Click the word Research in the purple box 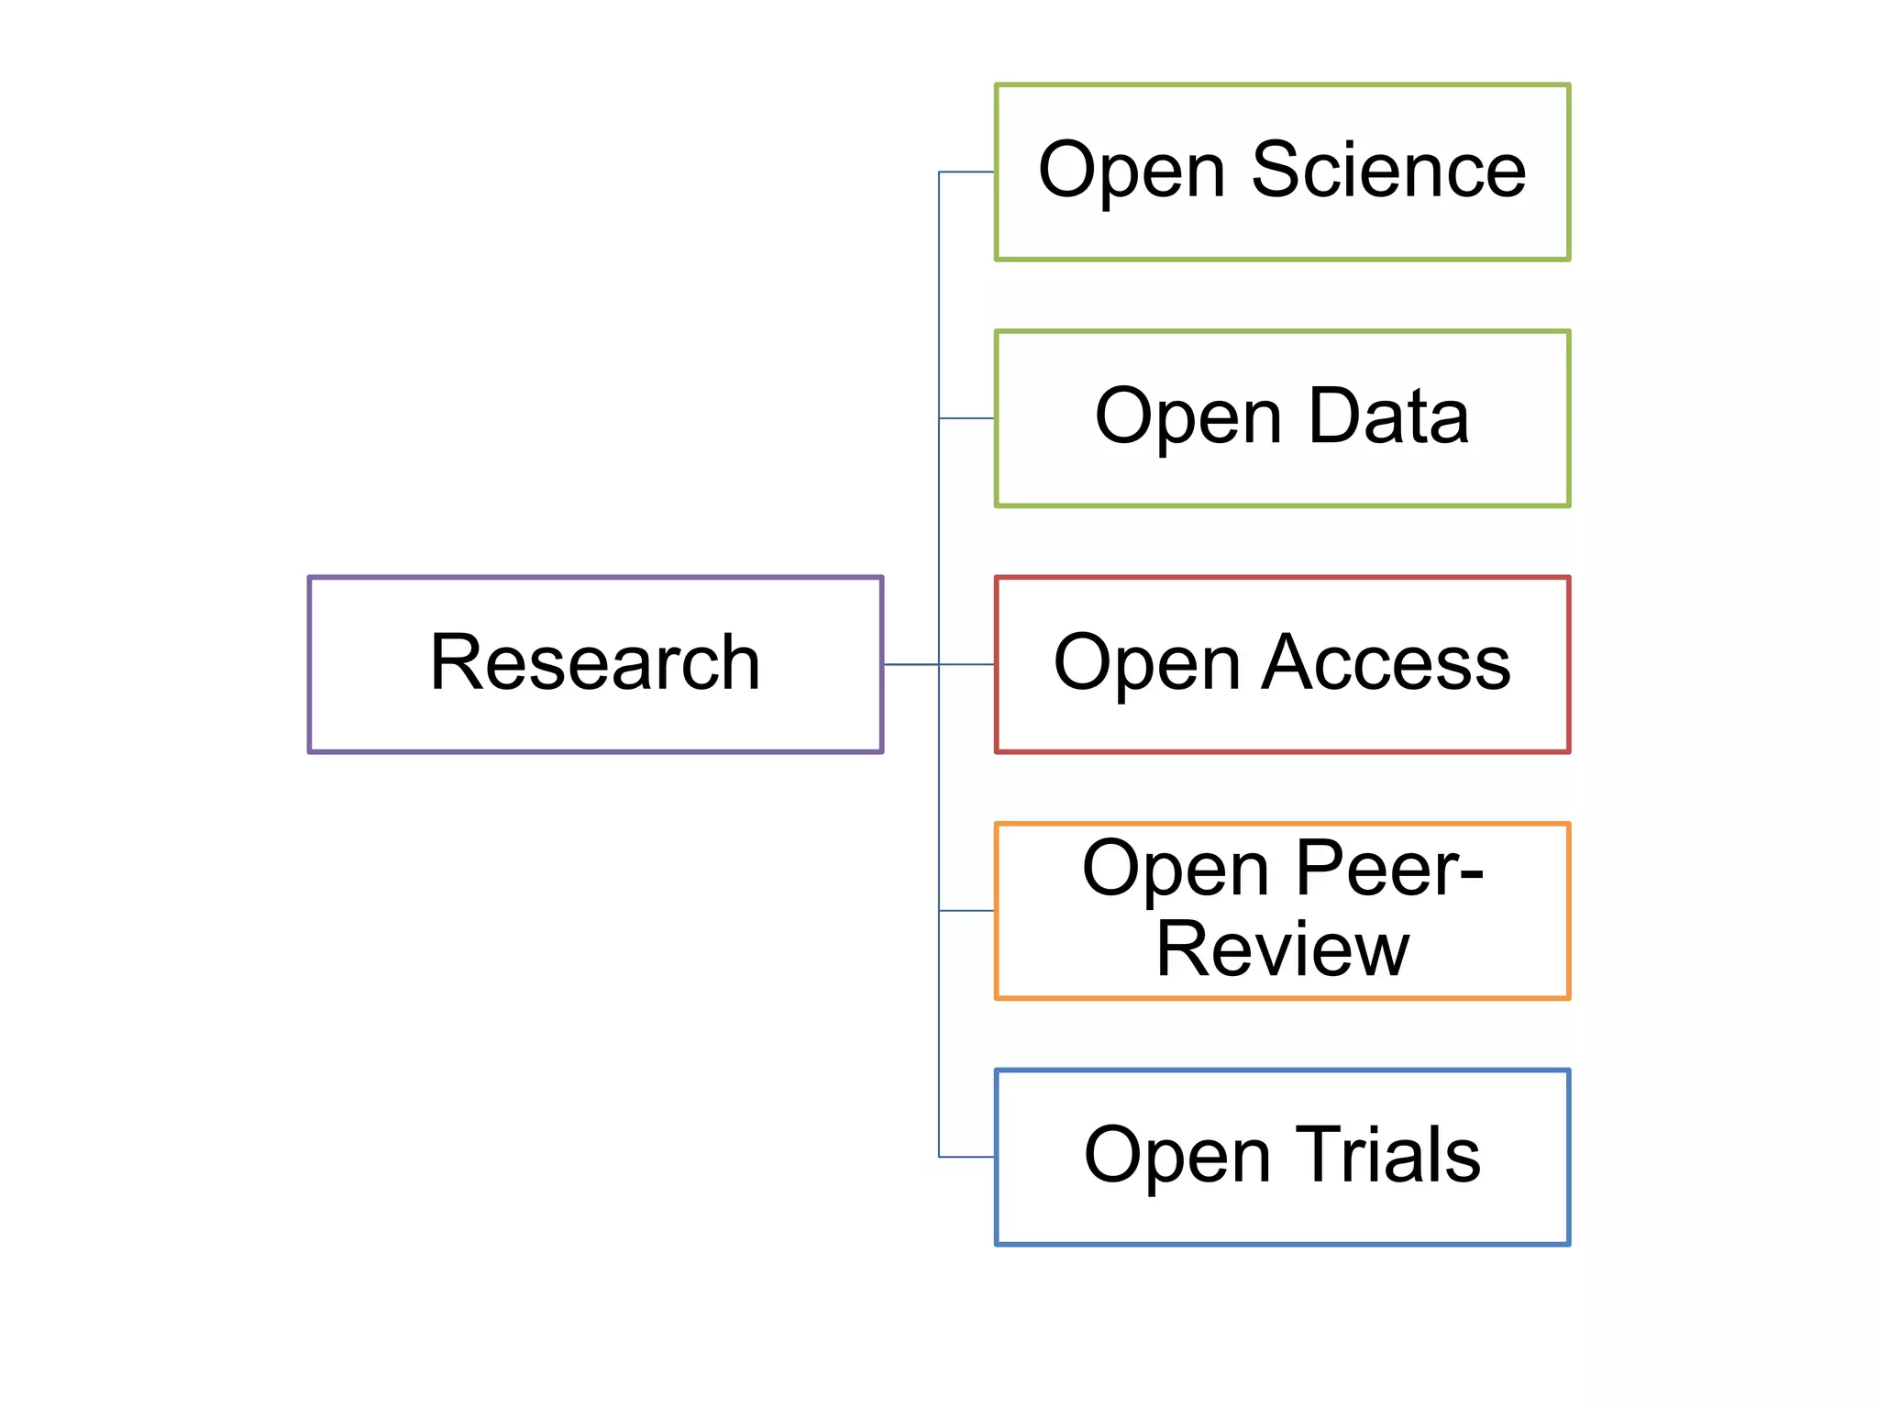coord(595,663)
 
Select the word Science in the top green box coord(1388,171)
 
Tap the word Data coord(1388,416)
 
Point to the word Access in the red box coord(1386,663)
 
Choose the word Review coord(1282,950)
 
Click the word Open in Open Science coord(1132,172)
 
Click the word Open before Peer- coord(1176,871)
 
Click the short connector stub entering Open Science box coord(967,172)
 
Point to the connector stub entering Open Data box coord(967,418)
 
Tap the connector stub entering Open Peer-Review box coord(967,911)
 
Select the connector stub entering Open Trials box coord(967,1157)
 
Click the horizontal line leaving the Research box coord(911,664)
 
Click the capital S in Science coord(1278,171)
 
